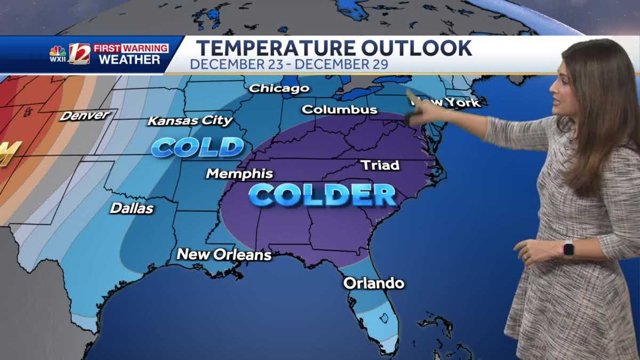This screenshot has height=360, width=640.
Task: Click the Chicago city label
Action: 279,88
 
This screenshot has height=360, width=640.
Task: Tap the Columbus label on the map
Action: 339,110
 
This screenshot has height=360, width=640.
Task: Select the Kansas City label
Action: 190,121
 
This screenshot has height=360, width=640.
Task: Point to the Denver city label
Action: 85,115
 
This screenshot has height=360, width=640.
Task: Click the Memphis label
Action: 239,174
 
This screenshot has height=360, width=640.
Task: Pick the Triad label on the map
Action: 380,165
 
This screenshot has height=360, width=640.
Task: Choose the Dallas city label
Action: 132,209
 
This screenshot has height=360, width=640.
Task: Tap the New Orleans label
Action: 224,255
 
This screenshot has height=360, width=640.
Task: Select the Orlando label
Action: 373,283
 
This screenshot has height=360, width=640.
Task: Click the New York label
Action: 451,102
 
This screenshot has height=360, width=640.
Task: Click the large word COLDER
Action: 323,195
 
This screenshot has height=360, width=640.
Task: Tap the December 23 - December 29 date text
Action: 289,65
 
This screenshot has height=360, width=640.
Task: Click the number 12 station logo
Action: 79,54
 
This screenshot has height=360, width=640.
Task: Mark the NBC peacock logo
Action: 58,52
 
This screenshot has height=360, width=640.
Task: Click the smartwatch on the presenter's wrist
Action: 568,248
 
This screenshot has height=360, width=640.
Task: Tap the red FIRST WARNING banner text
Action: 131,48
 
